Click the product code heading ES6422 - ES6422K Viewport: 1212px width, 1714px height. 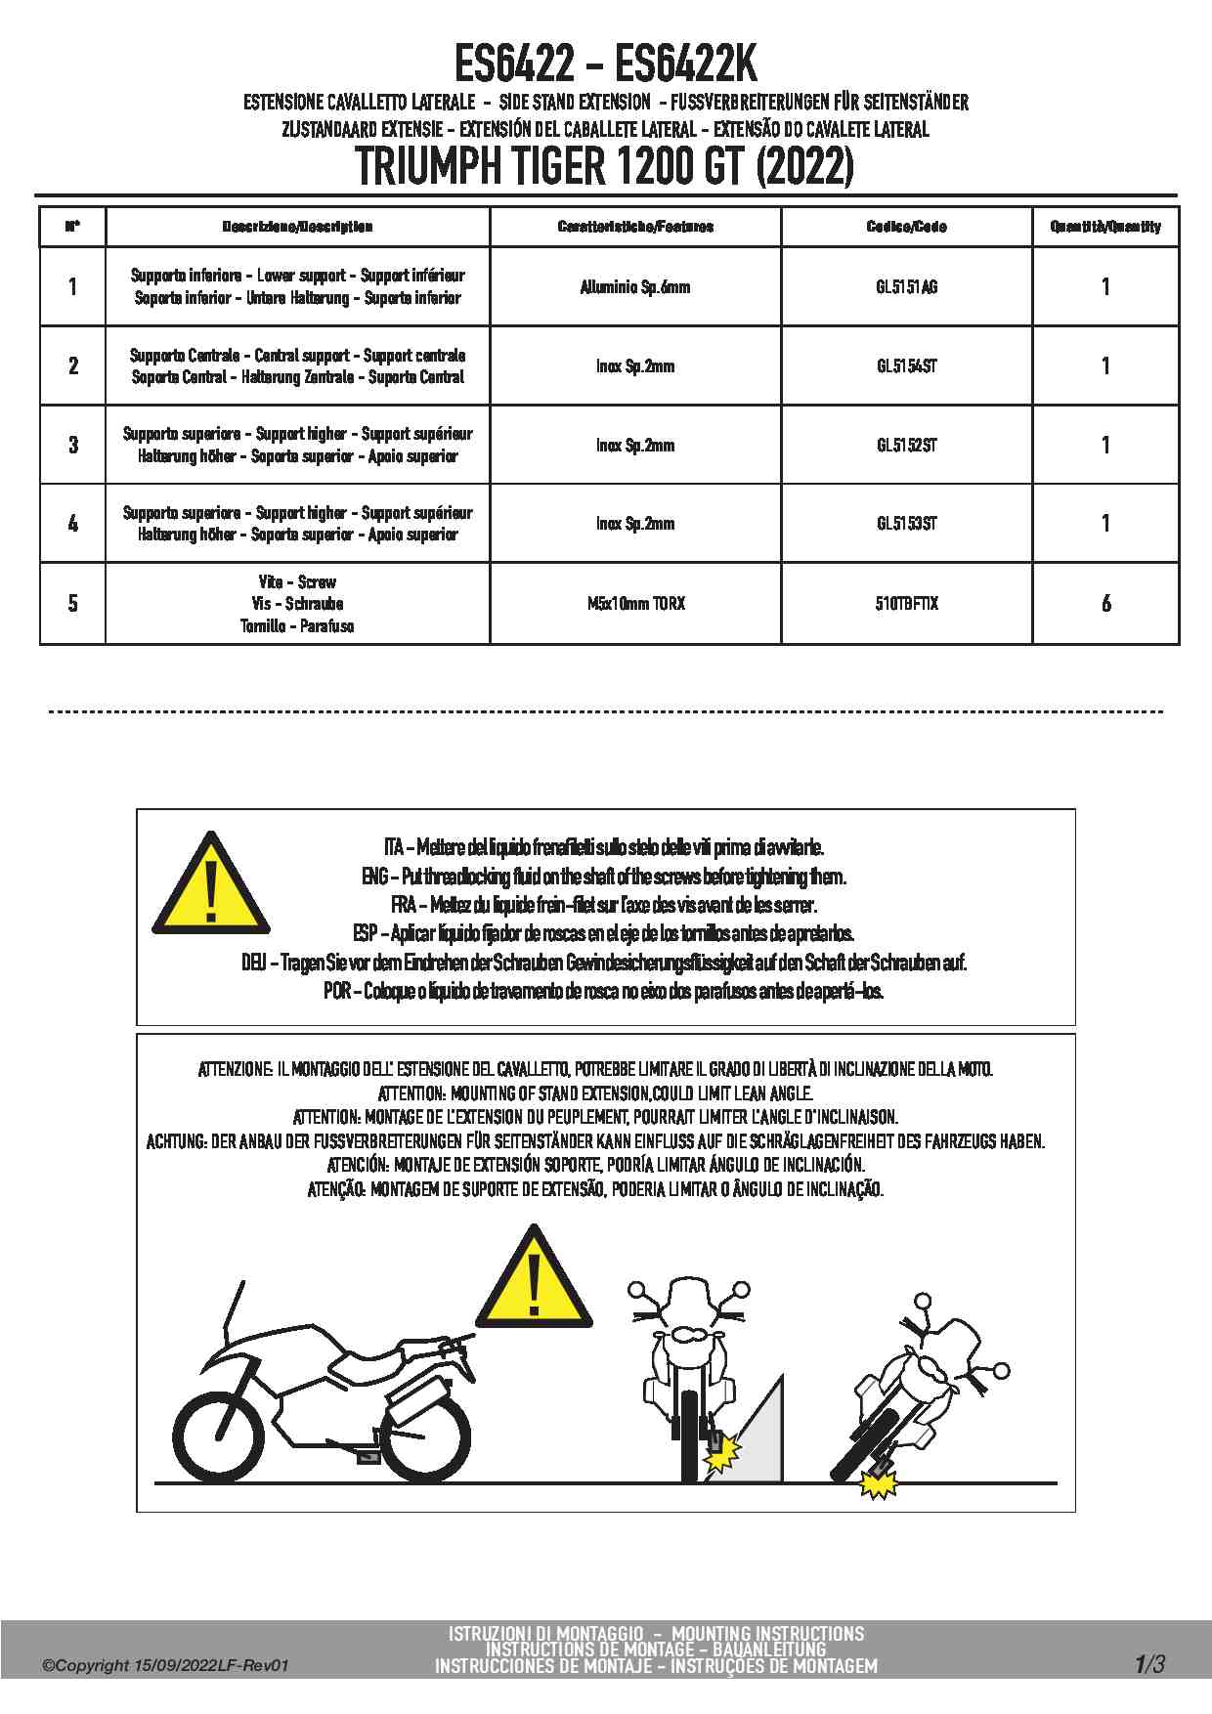tap(605, 65)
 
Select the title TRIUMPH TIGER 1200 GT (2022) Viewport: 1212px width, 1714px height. tap(605, 166)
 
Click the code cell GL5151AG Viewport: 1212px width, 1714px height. tap(906, 287)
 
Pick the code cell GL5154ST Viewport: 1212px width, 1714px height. tap(906, 366)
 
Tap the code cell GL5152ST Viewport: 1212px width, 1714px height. tap(906, 446)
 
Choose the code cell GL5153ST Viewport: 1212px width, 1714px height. tap(906, 524)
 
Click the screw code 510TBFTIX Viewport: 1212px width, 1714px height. tap(906, 604)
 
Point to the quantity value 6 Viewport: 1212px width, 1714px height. tap(1105, 604)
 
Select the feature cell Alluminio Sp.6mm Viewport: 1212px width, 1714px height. tap(635, 287)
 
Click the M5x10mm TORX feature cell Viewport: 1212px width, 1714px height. tap(635, 604)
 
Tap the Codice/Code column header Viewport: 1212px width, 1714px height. tap(906, 227)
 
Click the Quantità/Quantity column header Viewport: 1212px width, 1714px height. tap(1105, 227)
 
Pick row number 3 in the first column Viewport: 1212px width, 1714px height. tap(73, 446)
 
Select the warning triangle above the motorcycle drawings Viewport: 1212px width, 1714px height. tap(533, 1277)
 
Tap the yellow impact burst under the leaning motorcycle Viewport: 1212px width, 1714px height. tap(879, 1485)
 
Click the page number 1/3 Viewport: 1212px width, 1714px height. tap(1149, 1663)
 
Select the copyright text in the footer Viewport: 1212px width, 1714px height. tap(165, 1666)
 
